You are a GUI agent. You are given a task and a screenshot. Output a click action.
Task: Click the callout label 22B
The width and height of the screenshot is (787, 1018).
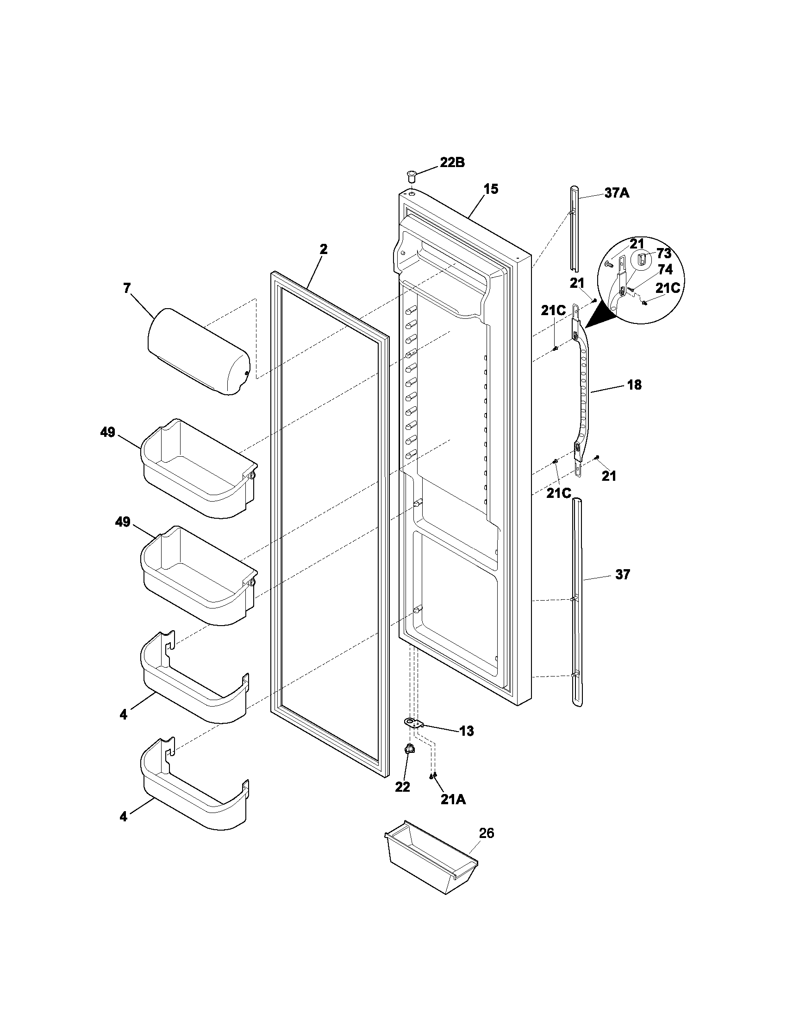(x=452, y=163)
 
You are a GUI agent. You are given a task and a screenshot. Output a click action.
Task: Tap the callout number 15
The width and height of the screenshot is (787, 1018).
(x=490, y=189)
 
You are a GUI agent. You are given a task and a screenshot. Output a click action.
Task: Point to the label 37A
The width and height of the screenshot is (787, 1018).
(x=617, y=192)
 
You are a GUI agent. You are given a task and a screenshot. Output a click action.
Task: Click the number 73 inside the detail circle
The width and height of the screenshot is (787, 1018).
(x=664, y=254)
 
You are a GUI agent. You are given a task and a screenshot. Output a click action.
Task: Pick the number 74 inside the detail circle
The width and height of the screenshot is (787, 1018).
(x=665, y=269)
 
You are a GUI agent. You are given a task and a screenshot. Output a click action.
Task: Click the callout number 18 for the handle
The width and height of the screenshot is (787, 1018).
(x=634, y=385)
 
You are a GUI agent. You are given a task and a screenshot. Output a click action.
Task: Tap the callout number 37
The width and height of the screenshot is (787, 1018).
(x=622, y=575)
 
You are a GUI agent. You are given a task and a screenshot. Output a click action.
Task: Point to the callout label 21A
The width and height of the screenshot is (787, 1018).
(x=453, y=800)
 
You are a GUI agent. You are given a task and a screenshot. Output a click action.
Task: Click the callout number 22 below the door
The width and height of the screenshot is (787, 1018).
(x=402, y=786)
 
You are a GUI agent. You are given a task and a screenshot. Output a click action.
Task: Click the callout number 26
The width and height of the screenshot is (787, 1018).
(x=486, y=833)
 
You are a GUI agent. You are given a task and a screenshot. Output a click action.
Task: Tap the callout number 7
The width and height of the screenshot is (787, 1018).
(x=127, y=288)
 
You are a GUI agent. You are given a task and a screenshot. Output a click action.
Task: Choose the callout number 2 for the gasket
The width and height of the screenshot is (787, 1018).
(x=323, y=249)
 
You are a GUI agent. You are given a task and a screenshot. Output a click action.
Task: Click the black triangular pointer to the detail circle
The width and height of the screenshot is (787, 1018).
(x=598, y=315)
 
